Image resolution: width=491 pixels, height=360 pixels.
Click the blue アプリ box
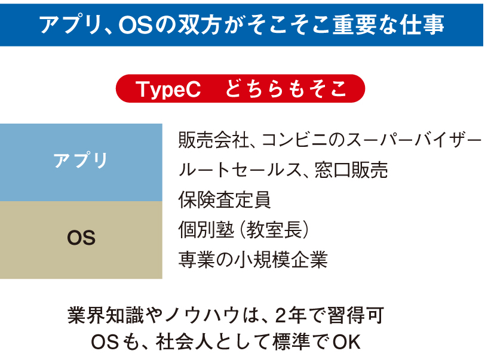click(81, 162)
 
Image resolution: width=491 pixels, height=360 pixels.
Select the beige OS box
click(81, 240)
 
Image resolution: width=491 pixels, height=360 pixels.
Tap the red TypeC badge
click(240, 88)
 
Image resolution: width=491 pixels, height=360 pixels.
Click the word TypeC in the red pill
click(168, 89)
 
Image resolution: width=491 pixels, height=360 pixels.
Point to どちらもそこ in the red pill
click(286, 88)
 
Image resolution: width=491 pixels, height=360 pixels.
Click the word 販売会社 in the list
click(214, 140)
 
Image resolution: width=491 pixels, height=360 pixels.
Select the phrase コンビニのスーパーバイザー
click(372, 140)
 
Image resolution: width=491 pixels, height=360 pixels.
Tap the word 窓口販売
click(351, 170)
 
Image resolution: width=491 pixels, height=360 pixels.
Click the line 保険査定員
click(224, 199)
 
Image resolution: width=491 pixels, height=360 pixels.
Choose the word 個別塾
click(206, 229)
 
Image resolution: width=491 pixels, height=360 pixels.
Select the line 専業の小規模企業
click(253, 260)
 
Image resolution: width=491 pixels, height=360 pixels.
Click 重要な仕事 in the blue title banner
click(388, 24)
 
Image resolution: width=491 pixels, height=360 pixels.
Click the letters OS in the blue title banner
click(136, 25)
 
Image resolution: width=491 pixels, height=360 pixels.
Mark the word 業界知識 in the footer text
click(106, 315)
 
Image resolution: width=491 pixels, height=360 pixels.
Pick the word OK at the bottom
click(346, 342)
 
